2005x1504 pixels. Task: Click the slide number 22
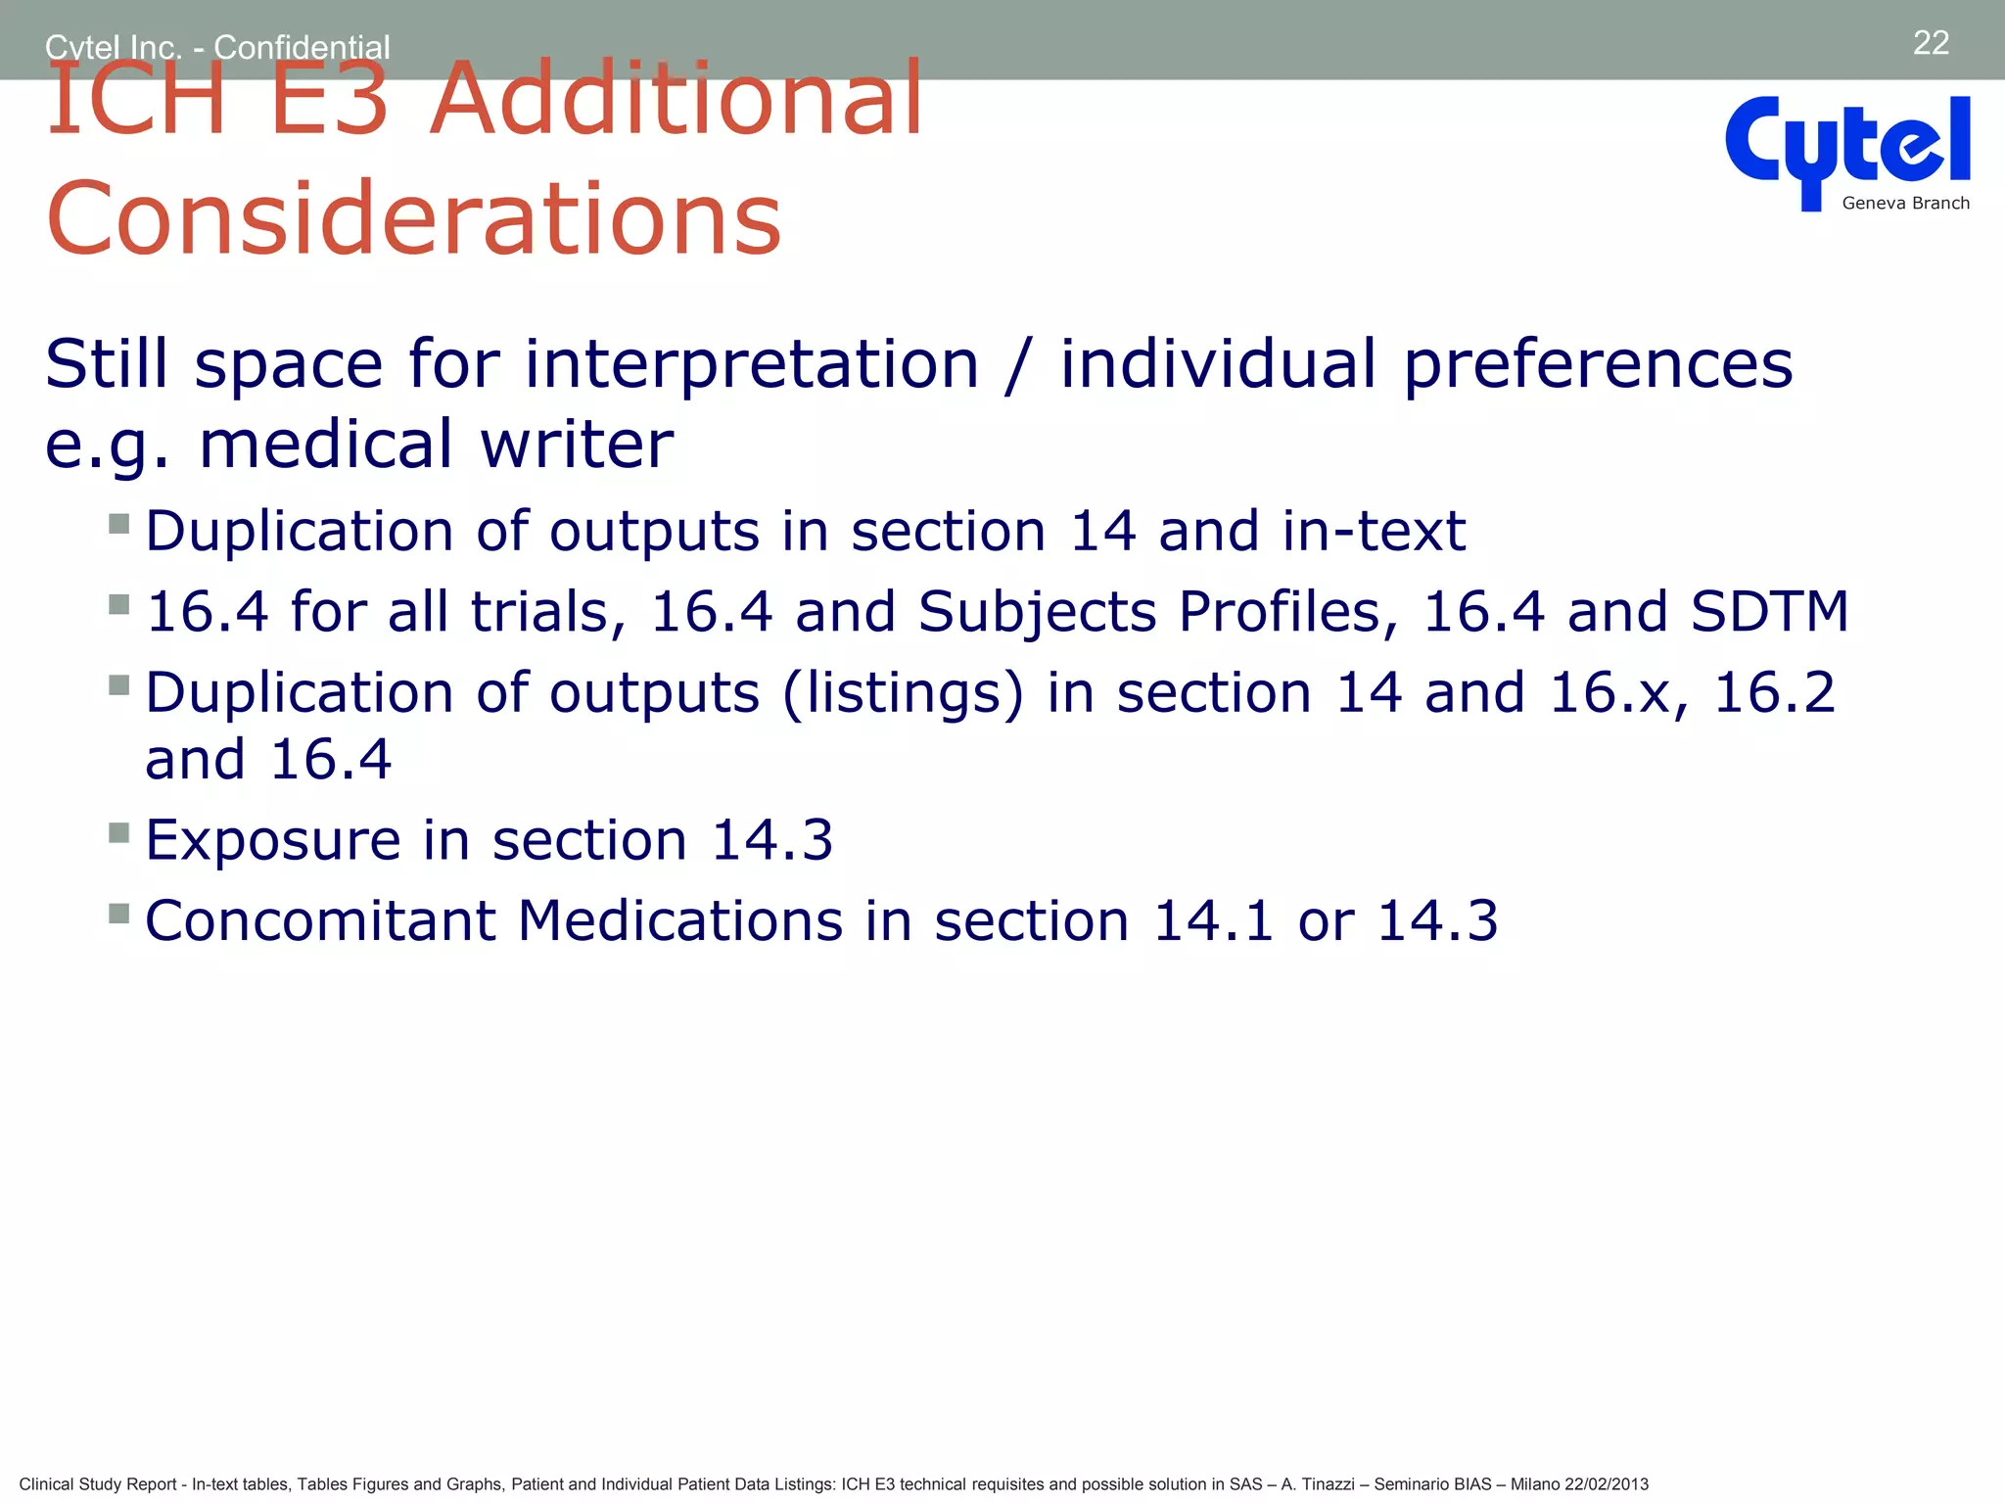tap(1931, 43)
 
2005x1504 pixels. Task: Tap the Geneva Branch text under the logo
tap(1905, 204)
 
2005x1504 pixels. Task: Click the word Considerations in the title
tap(414, 218)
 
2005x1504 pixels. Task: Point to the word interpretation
tap(751, 365)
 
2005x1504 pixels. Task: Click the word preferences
tap(1598, 365)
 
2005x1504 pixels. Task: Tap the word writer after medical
tap(577, 445)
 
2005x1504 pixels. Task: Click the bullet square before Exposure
tap(119, 833)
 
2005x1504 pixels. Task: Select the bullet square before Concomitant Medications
tap(119, 914)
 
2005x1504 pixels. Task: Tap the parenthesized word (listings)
tap(903, 693)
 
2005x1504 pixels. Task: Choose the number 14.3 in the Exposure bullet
tap(771, 840)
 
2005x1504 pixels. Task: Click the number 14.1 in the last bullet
tap(1213, 921)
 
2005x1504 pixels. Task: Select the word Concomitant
tap(319, 921)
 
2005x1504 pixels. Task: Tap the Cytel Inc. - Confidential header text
tap(217, 46)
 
